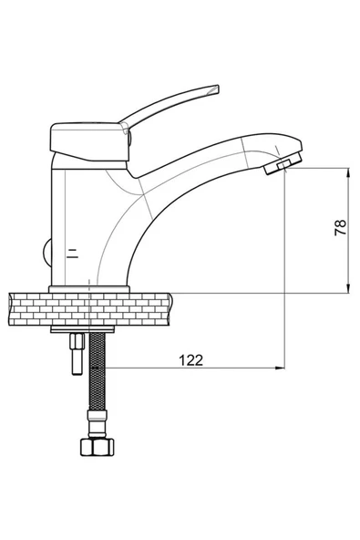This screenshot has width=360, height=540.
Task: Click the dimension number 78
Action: point(340,228)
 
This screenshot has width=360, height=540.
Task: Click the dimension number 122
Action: point(190,360)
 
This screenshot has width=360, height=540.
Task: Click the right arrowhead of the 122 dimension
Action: point(279,369)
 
